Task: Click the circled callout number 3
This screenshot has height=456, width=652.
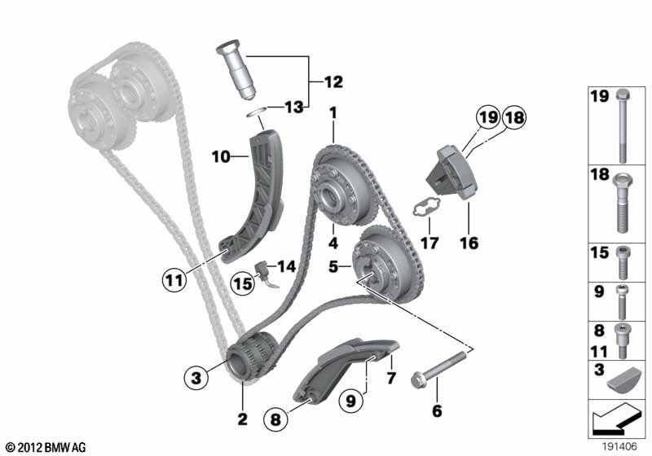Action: (196, 378)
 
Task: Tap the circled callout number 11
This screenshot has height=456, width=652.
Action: (174, 280)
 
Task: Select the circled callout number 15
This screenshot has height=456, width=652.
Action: (243, 283)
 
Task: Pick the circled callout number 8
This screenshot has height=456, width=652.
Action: (275, 419)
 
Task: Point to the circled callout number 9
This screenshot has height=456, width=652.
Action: (351, 401)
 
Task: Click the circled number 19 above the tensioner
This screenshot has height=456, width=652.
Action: (488, 117)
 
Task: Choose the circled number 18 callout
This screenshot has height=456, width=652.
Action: (514, 117)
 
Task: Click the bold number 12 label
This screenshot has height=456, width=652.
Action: (333, 81)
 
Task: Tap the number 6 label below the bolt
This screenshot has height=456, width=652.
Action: (437, 410)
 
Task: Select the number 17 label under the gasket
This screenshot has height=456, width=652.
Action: (430, 243)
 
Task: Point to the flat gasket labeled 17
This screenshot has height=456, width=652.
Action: (425, 207)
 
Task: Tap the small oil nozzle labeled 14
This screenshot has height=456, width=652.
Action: (266, 274)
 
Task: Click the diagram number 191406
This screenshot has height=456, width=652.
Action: (620, 446)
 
